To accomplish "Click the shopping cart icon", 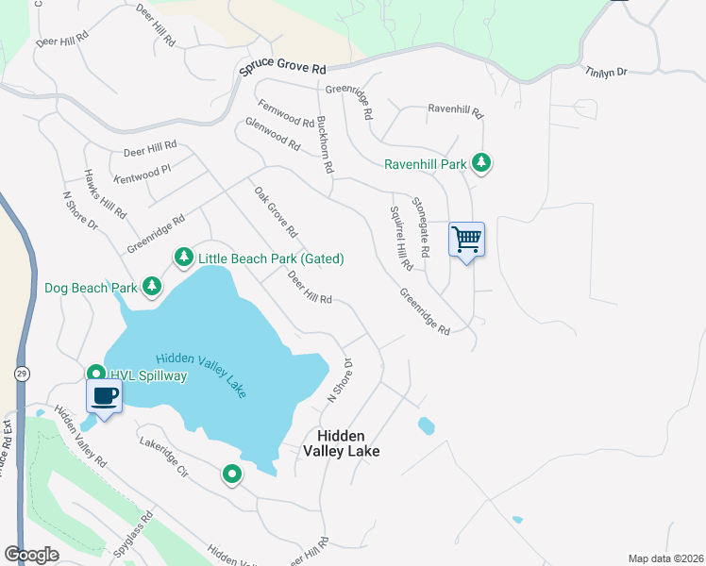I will (x=466, y=240).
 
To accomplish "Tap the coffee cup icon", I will (x=104, y=396).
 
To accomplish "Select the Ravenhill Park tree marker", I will (x=481, y=163).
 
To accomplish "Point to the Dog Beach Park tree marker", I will (x=151, y=286).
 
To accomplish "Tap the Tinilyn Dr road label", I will (x=606, y=72).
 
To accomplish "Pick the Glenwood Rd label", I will (x=272, y=135).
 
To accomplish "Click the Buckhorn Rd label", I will (x=326, y=143).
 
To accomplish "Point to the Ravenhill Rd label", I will (x=455, y=110).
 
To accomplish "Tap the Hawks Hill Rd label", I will (x=105, y=194).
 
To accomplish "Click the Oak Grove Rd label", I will (x=276, y=211).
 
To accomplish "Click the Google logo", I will (x=31, y=555).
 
